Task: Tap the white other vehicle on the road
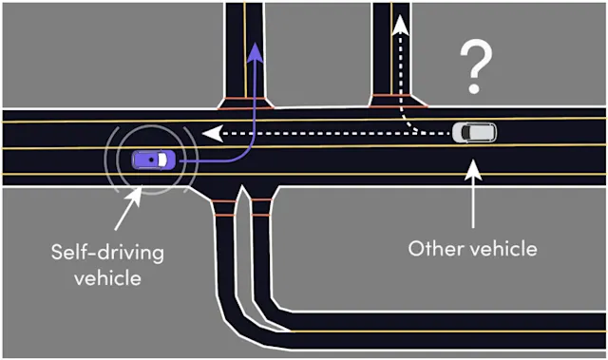pyautogui.click(x=473, y=133)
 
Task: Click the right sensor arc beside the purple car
pyautogui.click(x=195, y=160)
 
